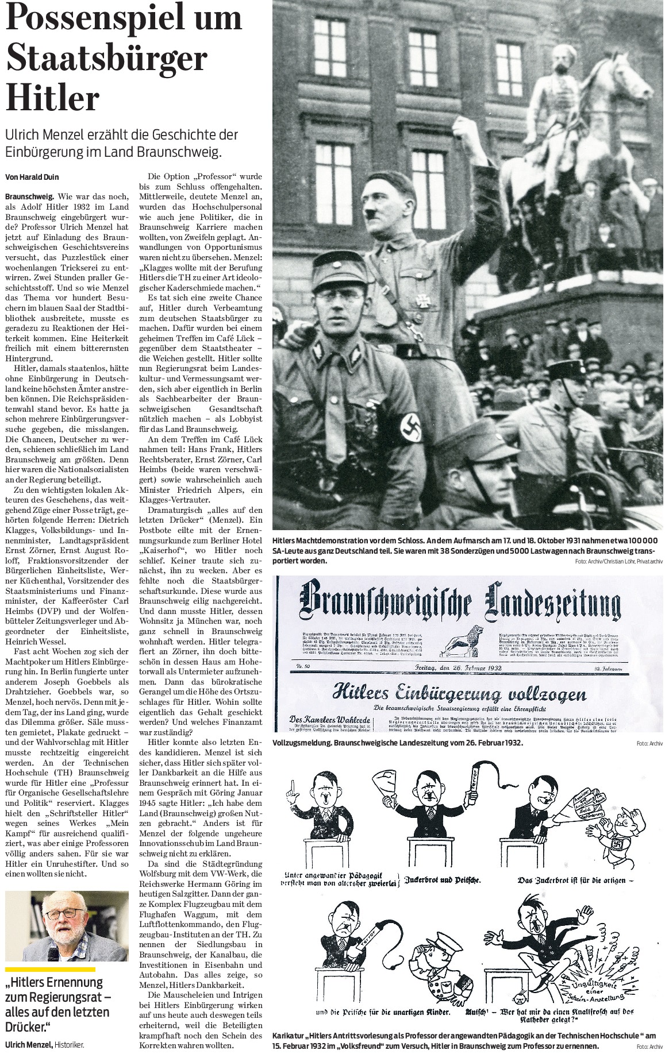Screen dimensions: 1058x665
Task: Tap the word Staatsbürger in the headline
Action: (x=106, y=59)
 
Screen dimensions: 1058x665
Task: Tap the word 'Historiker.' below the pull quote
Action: (x=70, y=1045)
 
